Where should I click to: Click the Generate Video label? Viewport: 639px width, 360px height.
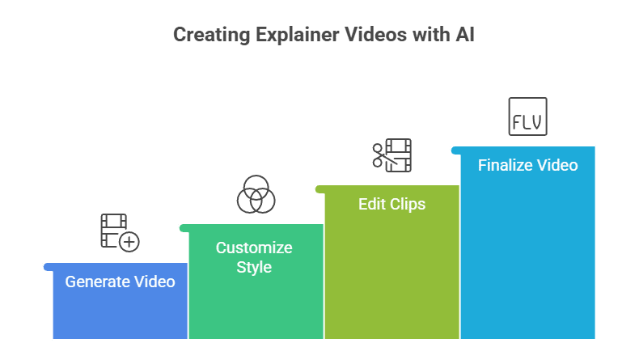120,282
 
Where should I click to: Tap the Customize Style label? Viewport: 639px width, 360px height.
254,257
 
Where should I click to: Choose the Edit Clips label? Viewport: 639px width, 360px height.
391,204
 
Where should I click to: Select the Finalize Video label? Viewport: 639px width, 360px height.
527,165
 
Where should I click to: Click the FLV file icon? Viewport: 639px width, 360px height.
527,116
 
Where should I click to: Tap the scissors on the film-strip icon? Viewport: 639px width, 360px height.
379,155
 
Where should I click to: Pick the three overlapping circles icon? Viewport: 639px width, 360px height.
256,194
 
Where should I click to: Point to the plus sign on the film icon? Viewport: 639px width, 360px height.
129,241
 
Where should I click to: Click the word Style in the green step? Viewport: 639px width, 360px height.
254,267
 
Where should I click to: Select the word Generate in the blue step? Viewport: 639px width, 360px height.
97,282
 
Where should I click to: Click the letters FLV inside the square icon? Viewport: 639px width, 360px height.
527,124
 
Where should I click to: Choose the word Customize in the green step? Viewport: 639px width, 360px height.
254,248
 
